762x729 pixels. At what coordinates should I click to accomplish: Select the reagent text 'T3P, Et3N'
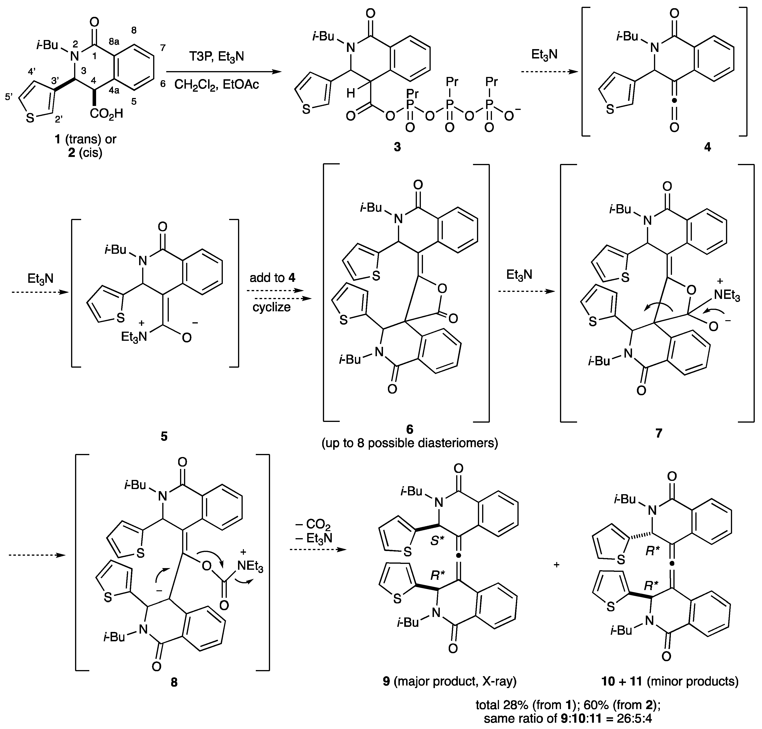click(x=217, y=57)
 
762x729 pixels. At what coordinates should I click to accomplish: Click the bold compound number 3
click(x=397, y=147)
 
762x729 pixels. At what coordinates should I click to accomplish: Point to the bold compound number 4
click(x=708, y=147)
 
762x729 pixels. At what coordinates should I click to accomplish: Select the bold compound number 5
click(x=164, y=436)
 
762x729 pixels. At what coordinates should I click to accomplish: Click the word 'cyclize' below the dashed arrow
click(x=272, y=307)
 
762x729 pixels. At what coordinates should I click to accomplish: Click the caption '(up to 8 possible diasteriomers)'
click(x=410, y=443)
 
